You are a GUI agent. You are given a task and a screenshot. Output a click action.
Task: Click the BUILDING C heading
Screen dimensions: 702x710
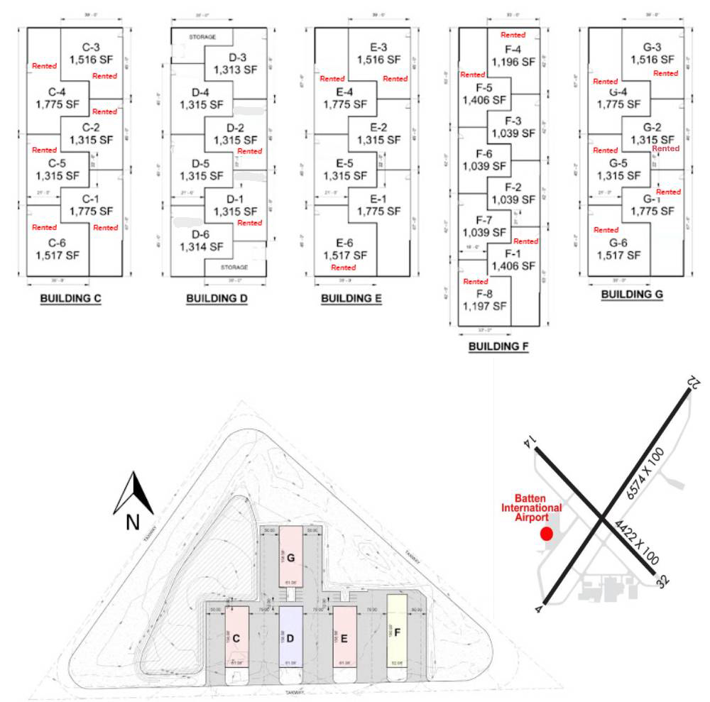tap(70, 298)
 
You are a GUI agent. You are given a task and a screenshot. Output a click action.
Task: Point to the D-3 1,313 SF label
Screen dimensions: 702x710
tap(232, 63)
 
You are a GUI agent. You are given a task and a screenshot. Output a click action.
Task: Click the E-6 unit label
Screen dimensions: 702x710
tap(344, 249)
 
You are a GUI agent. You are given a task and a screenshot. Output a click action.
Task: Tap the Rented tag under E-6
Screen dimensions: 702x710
tap(344, 268)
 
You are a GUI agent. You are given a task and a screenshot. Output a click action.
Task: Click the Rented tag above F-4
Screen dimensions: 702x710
tap(513, 35)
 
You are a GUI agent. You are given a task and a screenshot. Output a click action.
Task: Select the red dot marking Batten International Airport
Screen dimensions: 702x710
tap(546, 534)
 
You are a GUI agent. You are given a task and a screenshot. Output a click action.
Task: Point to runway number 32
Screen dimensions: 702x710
tap(662, 581)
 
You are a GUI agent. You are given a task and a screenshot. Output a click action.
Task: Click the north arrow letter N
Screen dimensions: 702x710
tap(133, 522)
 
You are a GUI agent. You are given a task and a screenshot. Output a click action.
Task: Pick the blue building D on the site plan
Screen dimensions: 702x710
tap(290, 637)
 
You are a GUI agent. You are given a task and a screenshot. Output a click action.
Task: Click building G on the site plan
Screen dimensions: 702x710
tap(290, 558)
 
